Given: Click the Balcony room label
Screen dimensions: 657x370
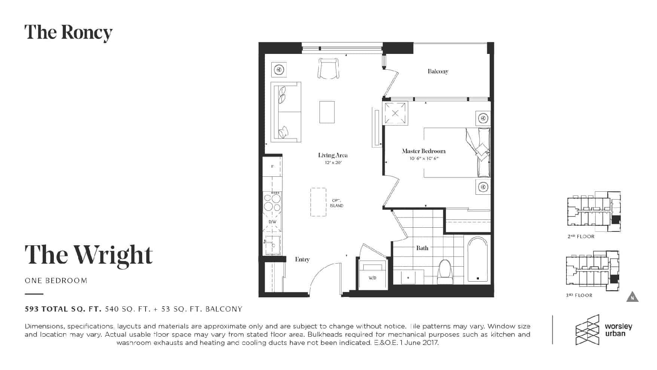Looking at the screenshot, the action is coord(438,71).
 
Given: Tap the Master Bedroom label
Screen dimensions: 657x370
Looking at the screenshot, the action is coord(424,151).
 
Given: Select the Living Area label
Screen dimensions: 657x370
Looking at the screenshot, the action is coord(333,155).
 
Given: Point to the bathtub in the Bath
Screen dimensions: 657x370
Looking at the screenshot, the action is coord(478,259).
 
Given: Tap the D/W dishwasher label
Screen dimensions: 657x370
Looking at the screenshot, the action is coord(272,222).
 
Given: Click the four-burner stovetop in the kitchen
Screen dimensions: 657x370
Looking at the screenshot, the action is coord(272,202).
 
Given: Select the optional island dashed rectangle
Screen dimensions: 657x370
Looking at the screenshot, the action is coord(318,202).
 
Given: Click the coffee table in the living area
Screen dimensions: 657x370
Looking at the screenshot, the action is coord(327,112).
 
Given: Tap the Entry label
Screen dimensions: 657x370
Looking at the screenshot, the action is coord(302,259).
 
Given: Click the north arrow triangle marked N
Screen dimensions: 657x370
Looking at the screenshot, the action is coord(632,297).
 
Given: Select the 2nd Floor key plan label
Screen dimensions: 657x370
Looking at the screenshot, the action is coord(581,237).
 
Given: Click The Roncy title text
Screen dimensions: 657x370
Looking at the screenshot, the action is coord(68,33).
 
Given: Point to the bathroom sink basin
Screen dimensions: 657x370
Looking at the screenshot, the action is coord(408,277).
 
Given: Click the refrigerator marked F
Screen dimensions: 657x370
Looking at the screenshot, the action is coord(272,166).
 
